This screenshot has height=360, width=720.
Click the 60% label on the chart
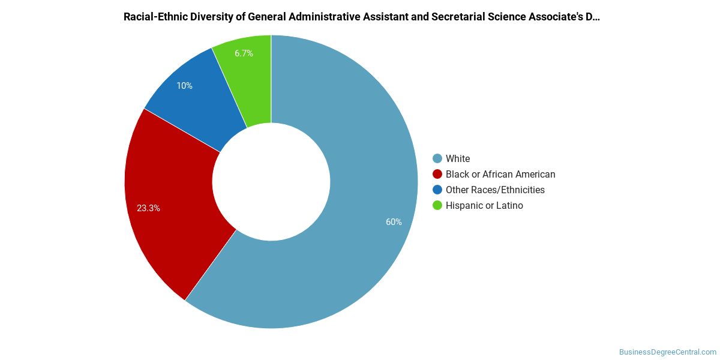(394, 222)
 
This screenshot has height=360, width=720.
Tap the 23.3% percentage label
(148, 208)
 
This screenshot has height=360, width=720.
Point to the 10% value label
(185, 86)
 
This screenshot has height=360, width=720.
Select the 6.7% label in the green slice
(244, 53)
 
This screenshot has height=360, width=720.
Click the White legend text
(458, 158)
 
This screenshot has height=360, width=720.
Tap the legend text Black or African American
(500, 174)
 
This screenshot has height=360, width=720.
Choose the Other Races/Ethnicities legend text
(495, 190)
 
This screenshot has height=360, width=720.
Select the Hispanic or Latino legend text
(484, 205)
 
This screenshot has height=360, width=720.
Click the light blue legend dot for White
(437, 158)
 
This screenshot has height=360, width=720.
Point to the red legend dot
(437, 174)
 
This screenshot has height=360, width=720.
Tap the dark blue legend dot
(437, 190)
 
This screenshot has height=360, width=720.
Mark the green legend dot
(437, 205)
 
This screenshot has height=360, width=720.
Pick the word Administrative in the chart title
(325, 17)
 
